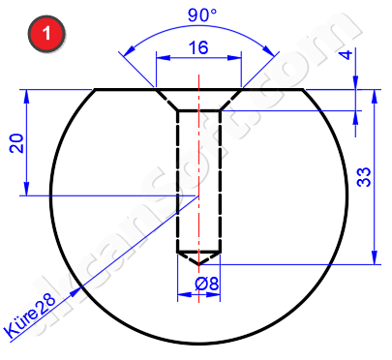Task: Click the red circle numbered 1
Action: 46,33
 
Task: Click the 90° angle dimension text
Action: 202,15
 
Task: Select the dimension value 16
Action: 198,47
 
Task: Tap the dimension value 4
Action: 347,54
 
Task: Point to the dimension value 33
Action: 364,177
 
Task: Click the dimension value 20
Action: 16,143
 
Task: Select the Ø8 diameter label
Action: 207,285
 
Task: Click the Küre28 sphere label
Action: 30,318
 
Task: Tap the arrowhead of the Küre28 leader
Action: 75,291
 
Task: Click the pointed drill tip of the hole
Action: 198,264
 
